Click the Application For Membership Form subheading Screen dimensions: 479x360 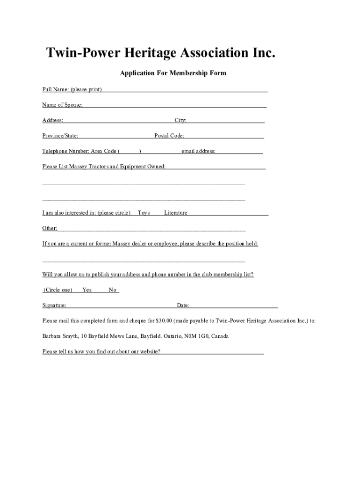coord(173,73)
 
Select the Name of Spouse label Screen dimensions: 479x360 coord(62,105)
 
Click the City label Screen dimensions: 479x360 coord(180,120)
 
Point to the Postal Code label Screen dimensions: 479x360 coord(169,136)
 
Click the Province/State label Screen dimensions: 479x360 coord(60,136)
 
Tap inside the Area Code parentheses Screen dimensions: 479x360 coord(130,151)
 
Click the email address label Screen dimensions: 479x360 coord(198,151)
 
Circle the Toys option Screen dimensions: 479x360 coord(144,213)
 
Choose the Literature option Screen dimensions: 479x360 coord(175,213)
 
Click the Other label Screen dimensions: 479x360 coord(50,228)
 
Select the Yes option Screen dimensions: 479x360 coord(87,290)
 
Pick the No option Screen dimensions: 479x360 coord(112,290)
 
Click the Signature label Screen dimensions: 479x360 coord(54,305)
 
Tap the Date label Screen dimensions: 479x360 coord(183,305)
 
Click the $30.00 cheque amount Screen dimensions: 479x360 coord(164,321)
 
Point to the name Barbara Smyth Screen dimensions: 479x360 coord(60,336)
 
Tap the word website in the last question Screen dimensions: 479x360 coord(149,351)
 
